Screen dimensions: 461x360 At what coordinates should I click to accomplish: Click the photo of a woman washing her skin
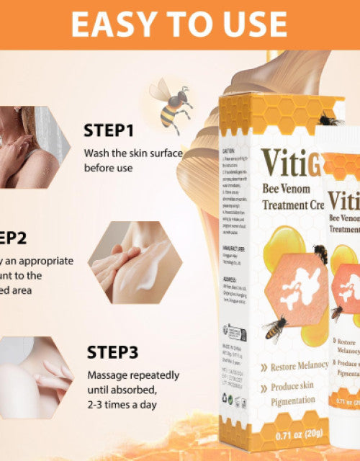coord(32,147)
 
